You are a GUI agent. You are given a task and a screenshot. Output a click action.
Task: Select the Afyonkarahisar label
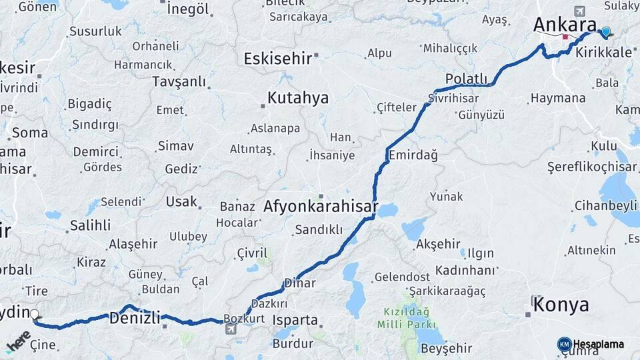pyautogui.click(x=321, y=207)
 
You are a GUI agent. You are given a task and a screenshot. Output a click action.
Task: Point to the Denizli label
pyautogui.click(x=135, y=318)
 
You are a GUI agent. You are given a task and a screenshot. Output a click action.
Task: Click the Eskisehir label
pyautogui.click(x=277, y=59)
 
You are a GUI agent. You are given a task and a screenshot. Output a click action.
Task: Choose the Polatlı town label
pyautogui.click(x=467, y=79)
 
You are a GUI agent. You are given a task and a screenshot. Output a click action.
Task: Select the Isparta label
pyautogui.click(x=295, y=320)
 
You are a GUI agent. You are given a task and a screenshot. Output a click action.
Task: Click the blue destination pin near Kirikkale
pyautogui.click(x=605, y=31)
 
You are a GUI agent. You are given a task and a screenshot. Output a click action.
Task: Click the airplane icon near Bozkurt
pyautogui.click(x=231, y=329)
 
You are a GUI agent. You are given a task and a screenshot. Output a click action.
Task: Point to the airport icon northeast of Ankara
pyautogui.click(x=579, y=11)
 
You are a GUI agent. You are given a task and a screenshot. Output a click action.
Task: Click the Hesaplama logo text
pyautogui.click(x=598, y=344)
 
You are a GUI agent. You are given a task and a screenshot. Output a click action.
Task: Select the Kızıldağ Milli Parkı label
pyautogui.click(x=407, y=318)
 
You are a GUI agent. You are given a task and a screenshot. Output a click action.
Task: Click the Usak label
pyautogui.click(x=182, y=201)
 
